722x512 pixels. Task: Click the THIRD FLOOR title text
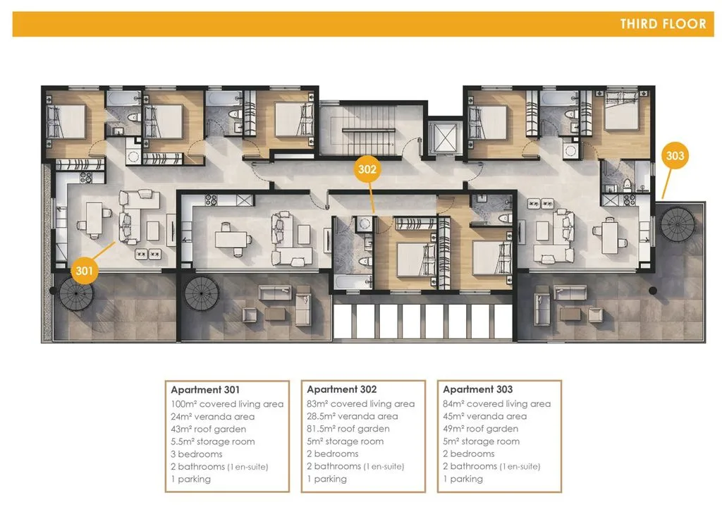tap(663, 24)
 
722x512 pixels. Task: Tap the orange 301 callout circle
tap(85, 270)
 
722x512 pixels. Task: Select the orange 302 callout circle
tap(367, 169)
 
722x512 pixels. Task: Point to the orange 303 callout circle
tap(675, 156)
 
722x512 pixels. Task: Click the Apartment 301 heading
tap(205, 389)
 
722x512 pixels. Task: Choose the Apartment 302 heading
tap(342, 389)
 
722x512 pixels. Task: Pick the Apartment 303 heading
tap(477, 389)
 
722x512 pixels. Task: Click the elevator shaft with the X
tap(444, 138)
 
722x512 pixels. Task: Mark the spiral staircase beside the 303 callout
tap(677, 224)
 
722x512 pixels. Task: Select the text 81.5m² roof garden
tap(348, 429)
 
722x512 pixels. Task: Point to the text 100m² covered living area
tap(227, 404)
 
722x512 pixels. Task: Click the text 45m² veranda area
tap(485, 416)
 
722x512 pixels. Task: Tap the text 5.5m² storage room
tap(213, 441)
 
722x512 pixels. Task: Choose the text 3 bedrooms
tap(197, 454)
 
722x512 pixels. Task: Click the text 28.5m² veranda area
tap(353, 416)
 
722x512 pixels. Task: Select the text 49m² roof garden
tap(480, 429)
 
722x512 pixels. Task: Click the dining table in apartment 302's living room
tap(231, 239)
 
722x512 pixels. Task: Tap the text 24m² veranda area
tap(213, 417)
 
